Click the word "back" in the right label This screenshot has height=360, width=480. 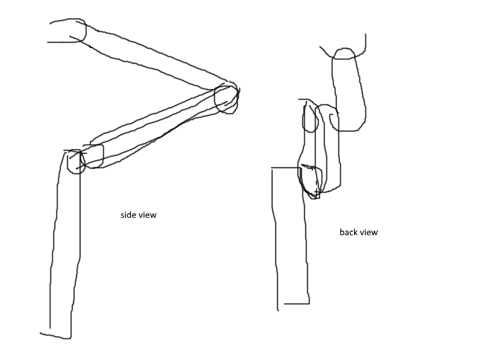click(349, 232)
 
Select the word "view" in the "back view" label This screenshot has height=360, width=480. click(368, 232)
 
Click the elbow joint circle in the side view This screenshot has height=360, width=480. click(215, 98)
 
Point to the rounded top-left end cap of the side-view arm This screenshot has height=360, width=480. click(86, 31)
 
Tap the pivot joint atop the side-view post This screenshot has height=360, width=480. click(68, 162)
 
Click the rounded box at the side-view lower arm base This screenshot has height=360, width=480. click(103, 156)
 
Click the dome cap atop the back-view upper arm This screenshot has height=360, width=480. click(344, 49)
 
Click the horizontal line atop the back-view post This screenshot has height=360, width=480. click(286, 168)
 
